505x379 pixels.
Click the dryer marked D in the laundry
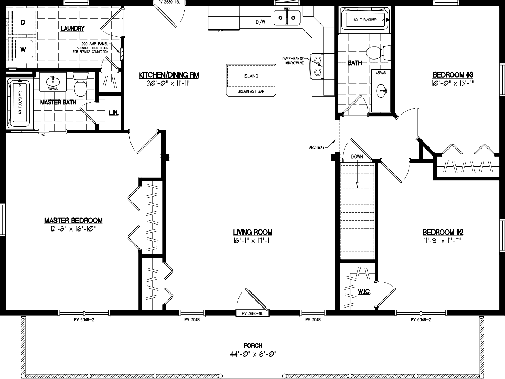click(23, 23)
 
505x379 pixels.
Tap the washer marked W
click(23, 49)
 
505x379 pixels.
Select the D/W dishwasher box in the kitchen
click(261, 22)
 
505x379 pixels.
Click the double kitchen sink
click(287, 17)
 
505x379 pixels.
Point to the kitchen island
click(251, 79)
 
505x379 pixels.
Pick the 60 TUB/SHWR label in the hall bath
click(365, 20)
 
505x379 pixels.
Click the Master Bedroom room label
click(73, 221)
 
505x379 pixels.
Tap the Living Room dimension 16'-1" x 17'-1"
click(252, 240)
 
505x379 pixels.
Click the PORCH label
click(253, 346)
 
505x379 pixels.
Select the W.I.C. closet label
click(364, 291)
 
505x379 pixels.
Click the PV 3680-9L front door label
click(252, 313)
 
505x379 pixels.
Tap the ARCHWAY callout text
click(317, 147)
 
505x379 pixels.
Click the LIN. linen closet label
click(114, 113)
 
